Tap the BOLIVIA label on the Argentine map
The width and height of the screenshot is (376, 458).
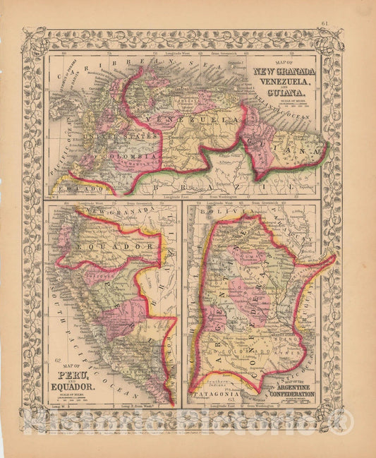218,211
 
